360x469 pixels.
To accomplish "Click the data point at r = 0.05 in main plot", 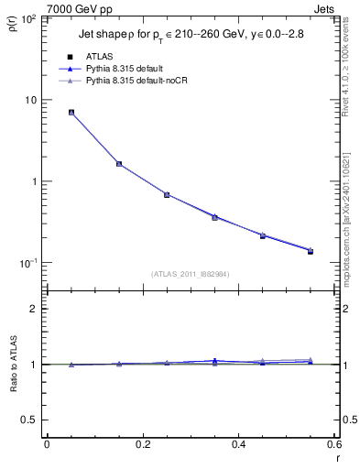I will pyautogui.click(x=71, y=113).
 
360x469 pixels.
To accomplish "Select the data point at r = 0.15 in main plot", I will pyautogui.click(x=119, y=164).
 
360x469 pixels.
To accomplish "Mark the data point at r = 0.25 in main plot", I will pyautogui.click(x=167, y=194).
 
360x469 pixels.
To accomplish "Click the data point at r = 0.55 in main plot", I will pyautogui.click(x=311, y=250).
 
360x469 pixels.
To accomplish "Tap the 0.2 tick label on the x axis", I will pyautogui.click(x=142, y=444).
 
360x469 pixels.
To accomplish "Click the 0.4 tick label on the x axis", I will pyautogui.click(x=238, y=444).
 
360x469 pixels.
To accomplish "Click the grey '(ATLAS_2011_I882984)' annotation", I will pyautogui.click(x=190, y=273).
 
